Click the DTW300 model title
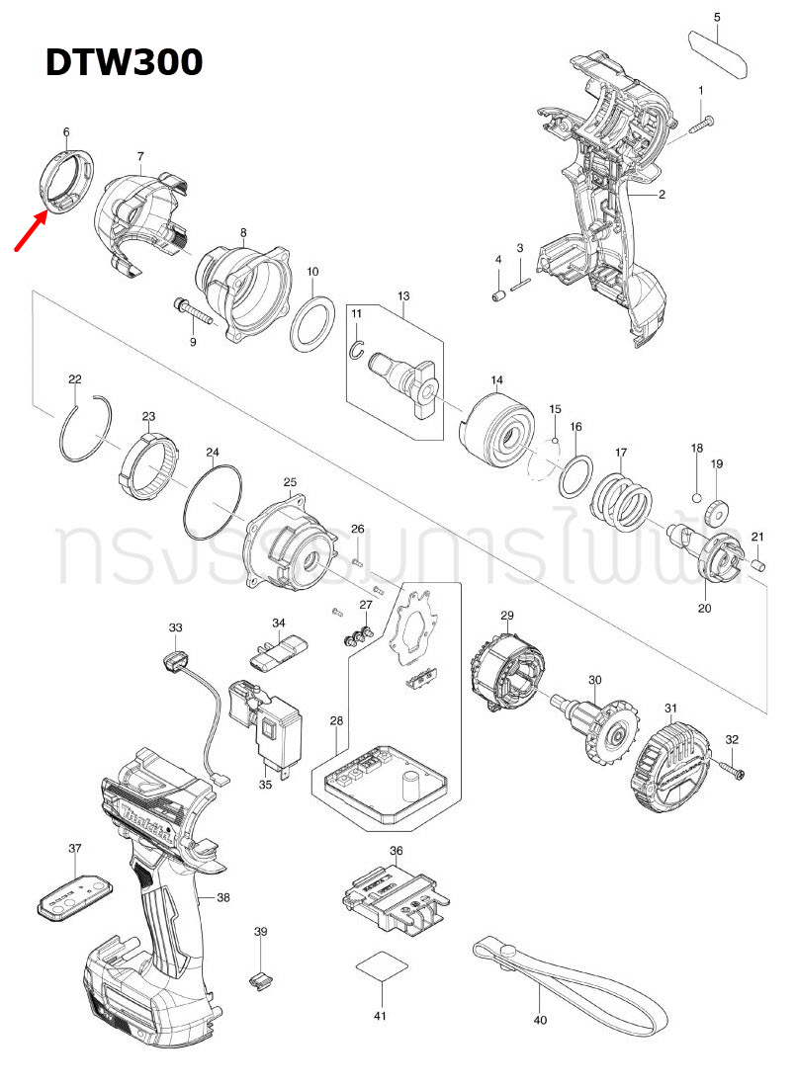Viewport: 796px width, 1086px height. (125, 62)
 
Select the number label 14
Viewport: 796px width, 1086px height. (496, 379)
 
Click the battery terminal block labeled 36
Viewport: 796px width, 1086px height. (395, 897)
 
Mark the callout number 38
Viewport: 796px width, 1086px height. (222, 897)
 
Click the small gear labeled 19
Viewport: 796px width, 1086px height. (716, 511)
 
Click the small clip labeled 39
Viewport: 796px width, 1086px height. (260, 979)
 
